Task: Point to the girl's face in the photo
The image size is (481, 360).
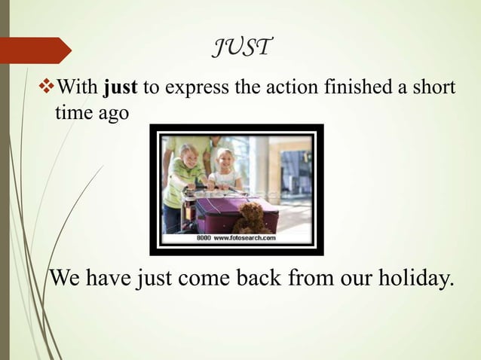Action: [x=225, y=159]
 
